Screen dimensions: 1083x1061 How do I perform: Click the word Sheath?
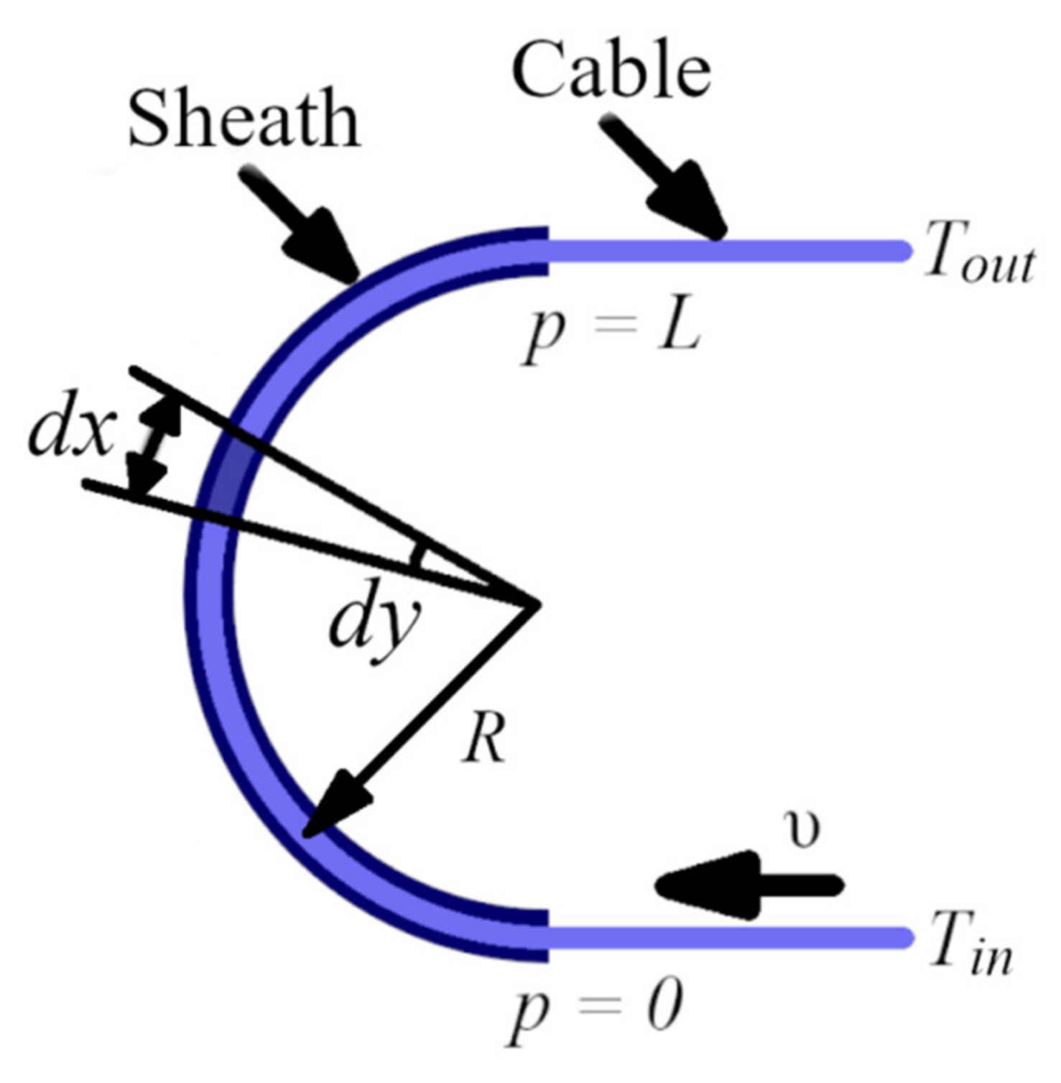pos(244,119)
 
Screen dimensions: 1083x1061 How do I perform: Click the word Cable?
pos(611,70)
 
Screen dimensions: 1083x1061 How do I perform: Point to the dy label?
pos(373,622)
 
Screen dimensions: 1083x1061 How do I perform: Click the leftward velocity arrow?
pos(747,885)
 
